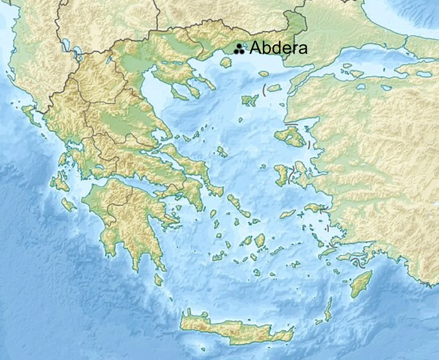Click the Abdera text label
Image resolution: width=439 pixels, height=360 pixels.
click(x=278, y=48)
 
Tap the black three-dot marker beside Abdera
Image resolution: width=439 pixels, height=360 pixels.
click(x=239, y=49)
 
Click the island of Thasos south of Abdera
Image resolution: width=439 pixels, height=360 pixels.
click(x=226, y=63)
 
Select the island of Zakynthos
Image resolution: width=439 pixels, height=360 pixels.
click(x=68, y=205)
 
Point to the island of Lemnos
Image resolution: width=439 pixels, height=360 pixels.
click(x=250, y=100)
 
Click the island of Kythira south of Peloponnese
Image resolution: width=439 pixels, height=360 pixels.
click(x=158, y=280)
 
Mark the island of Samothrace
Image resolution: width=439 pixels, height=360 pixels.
click(x=263, y=74)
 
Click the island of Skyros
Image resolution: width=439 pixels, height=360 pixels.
click(x=222, y=151)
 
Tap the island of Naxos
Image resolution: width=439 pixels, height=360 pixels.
click(x=260, y=240)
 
